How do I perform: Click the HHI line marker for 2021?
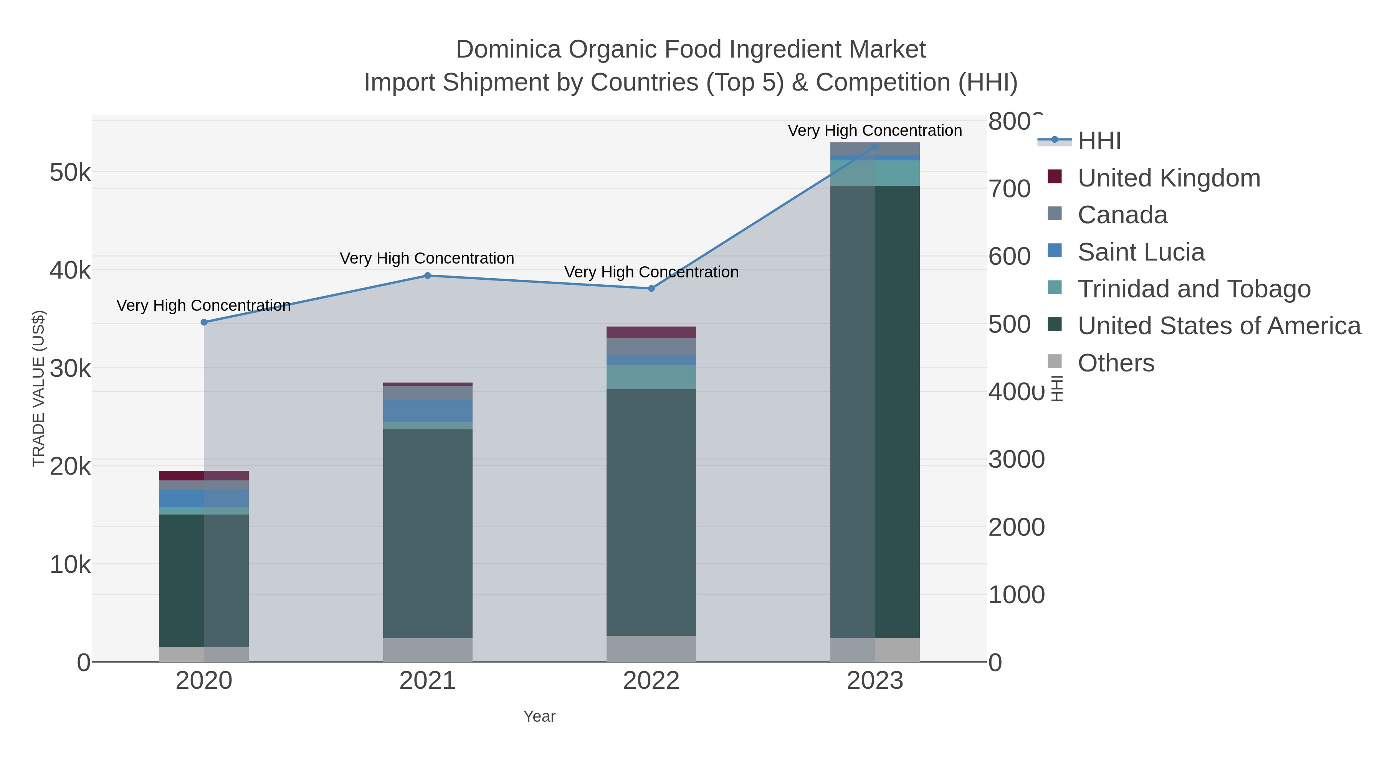pos(428,275)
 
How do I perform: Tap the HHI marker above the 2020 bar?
pos(204,322)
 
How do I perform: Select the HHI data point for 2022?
pos(651,289)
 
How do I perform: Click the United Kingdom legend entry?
pos(1169,178)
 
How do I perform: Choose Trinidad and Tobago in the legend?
pos(1194,289)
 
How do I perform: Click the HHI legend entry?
pos(1099,141)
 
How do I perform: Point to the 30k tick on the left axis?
pos(70,368)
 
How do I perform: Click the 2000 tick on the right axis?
pos(1016,527)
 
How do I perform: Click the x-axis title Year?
pos(539,716)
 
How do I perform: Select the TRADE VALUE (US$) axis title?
pos(39,388)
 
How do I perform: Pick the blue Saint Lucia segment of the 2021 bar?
pos(428,410)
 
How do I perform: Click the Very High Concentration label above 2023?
pos(874,130)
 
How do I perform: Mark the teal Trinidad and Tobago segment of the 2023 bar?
pos(874,173)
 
